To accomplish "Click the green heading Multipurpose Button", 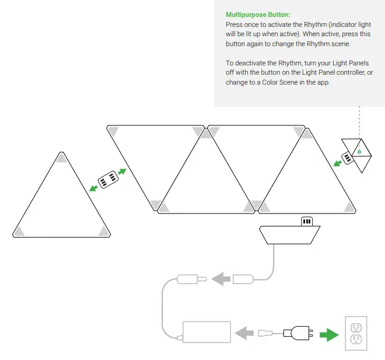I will click(x=257, y=14).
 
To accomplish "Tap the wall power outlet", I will click(x=355, y=334).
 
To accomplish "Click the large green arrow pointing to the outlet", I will click(x=329, y=334).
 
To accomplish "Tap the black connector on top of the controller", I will click(x=307, y=221).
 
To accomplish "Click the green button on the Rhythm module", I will click(x=359, y=153).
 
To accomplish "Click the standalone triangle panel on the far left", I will click(x=62, y=201).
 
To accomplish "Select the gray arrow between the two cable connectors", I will click(x=220, y=279).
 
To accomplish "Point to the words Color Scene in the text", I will click(x=283, y=82).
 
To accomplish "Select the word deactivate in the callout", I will click(x=253, y=63).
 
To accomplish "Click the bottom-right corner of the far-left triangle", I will click(x=104, y=232).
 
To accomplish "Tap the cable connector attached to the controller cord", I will click(x=244, y=279).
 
